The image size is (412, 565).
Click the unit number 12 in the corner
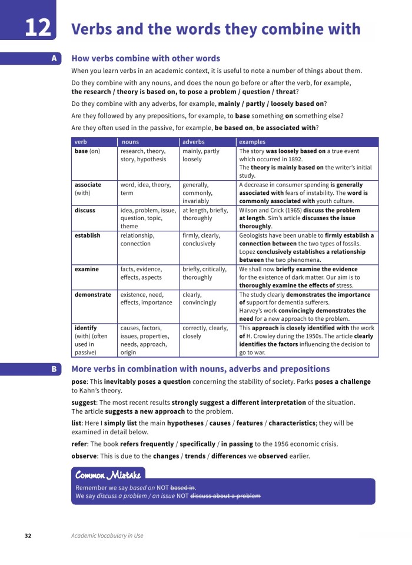37,28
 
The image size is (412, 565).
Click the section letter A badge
54,58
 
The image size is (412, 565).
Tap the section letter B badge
54,369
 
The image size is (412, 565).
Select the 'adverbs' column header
194,142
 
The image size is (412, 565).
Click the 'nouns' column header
130,142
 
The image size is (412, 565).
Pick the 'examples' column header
252,142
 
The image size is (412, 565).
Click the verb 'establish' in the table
87,235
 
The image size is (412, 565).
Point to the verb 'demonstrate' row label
92,295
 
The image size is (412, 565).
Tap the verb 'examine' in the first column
87,269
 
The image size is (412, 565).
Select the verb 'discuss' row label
85,210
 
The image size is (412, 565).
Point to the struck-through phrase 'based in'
182,488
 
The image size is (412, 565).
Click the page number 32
28,536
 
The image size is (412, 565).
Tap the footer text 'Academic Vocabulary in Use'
107,536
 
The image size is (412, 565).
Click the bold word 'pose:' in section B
79,382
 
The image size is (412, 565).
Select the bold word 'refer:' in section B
79,444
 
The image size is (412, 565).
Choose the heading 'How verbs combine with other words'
145,58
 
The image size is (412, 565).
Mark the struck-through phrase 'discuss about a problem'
225,496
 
